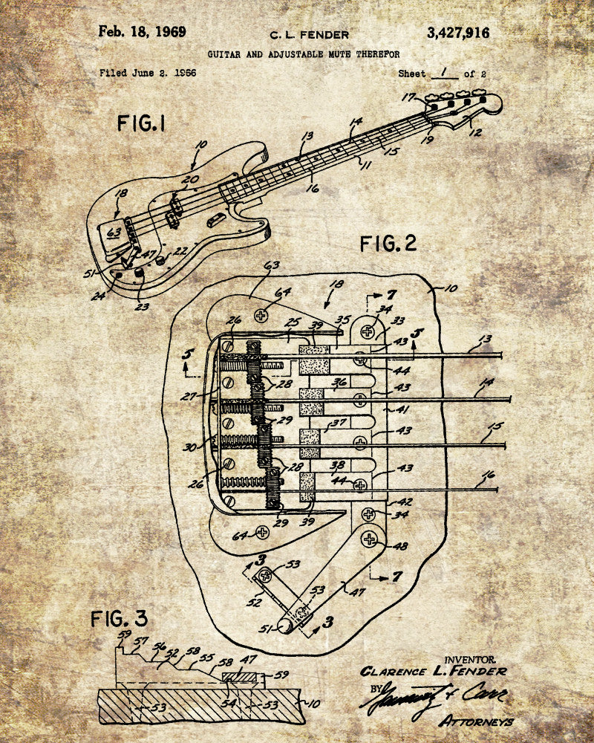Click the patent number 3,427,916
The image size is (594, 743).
click(x=458, y=33)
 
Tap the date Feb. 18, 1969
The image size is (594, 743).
click(x=143, y=32)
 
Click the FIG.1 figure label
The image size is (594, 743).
click(x=140, y=123)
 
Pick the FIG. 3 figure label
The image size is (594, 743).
click(x=120, y=617)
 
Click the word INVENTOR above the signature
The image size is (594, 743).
click(x=470, y=658)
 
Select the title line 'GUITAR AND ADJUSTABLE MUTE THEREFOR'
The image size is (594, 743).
click(x=304, y=53)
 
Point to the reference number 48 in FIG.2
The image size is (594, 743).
click(x=400, y=546)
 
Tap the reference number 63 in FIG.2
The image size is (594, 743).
click(x=272, y=265)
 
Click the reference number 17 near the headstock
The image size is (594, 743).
click(x=408, y=97)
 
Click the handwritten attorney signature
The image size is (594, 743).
click(x=431, y=698)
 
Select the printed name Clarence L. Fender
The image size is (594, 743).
click(x=434, y=671)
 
